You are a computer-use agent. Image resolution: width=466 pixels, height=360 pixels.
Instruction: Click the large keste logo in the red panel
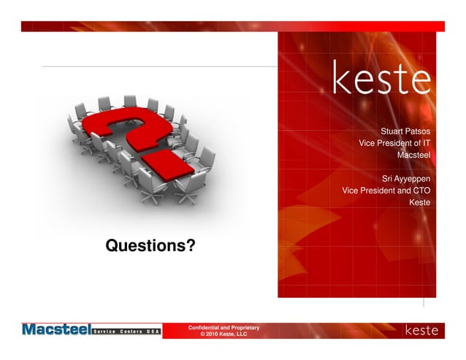382,78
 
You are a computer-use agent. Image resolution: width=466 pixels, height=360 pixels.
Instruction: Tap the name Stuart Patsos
405,131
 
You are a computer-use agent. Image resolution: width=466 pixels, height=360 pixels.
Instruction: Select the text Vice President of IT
394,143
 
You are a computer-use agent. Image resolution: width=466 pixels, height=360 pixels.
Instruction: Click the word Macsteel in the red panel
413,155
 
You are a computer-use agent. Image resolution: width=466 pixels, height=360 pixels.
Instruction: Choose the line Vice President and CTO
386,190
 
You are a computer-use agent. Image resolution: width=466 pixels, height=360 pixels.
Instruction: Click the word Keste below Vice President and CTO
419,202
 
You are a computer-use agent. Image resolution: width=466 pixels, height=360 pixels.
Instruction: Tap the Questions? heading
150,246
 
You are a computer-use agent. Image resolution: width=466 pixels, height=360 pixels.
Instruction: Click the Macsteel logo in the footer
55,330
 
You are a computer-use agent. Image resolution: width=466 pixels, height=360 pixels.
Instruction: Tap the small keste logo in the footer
421,331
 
